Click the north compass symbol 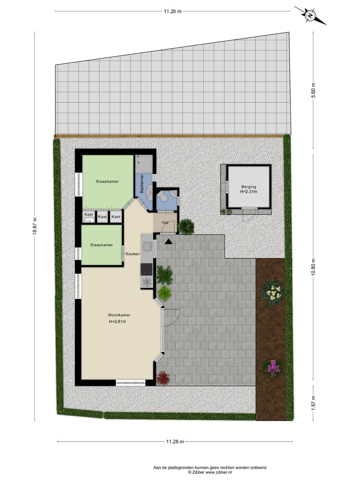310,16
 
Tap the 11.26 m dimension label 173,12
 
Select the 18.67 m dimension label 35,226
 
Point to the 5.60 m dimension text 313,90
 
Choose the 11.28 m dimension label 175,442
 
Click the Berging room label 249,187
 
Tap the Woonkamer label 119,315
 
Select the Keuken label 133,254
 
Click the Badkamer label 142,184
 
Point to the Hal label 165,223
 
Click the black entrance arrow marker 169,241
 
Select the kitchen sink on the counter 147,247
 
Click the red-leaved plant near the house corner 163,378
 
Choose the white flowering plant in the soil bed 273,293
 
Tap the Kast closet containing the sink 89,217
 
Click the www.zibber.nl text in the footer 219,472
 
